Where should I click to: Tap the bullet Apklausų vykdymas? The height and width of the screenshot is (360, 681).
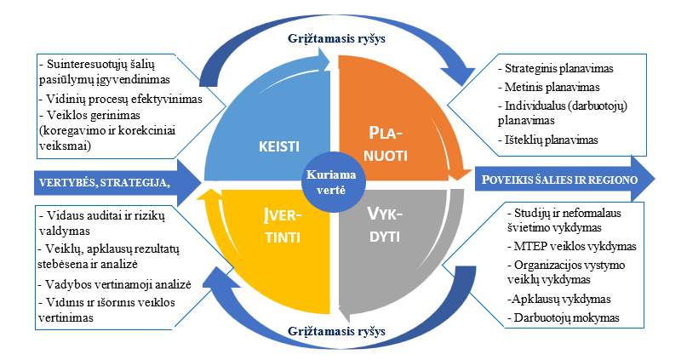pyautogui.click(x=558, y=300)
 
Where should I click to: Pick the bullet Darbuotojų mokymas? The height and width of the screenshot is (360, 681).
pyautogui.click(x=563, y=319)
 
